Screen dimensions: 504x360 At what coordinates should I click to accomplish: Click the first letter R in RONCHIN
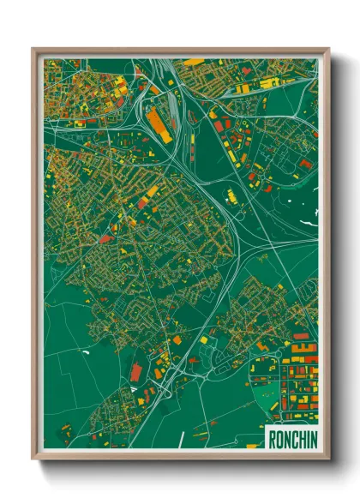(272, 438)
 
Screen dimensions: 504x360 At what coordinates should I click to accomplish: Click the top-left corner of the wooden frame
(33, 49)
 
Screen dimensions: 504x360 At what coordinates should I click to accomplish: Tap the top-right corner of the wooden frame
(328, 49)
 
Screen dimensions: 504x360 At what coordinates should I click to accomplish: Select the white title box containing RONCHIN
(291, 438)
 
